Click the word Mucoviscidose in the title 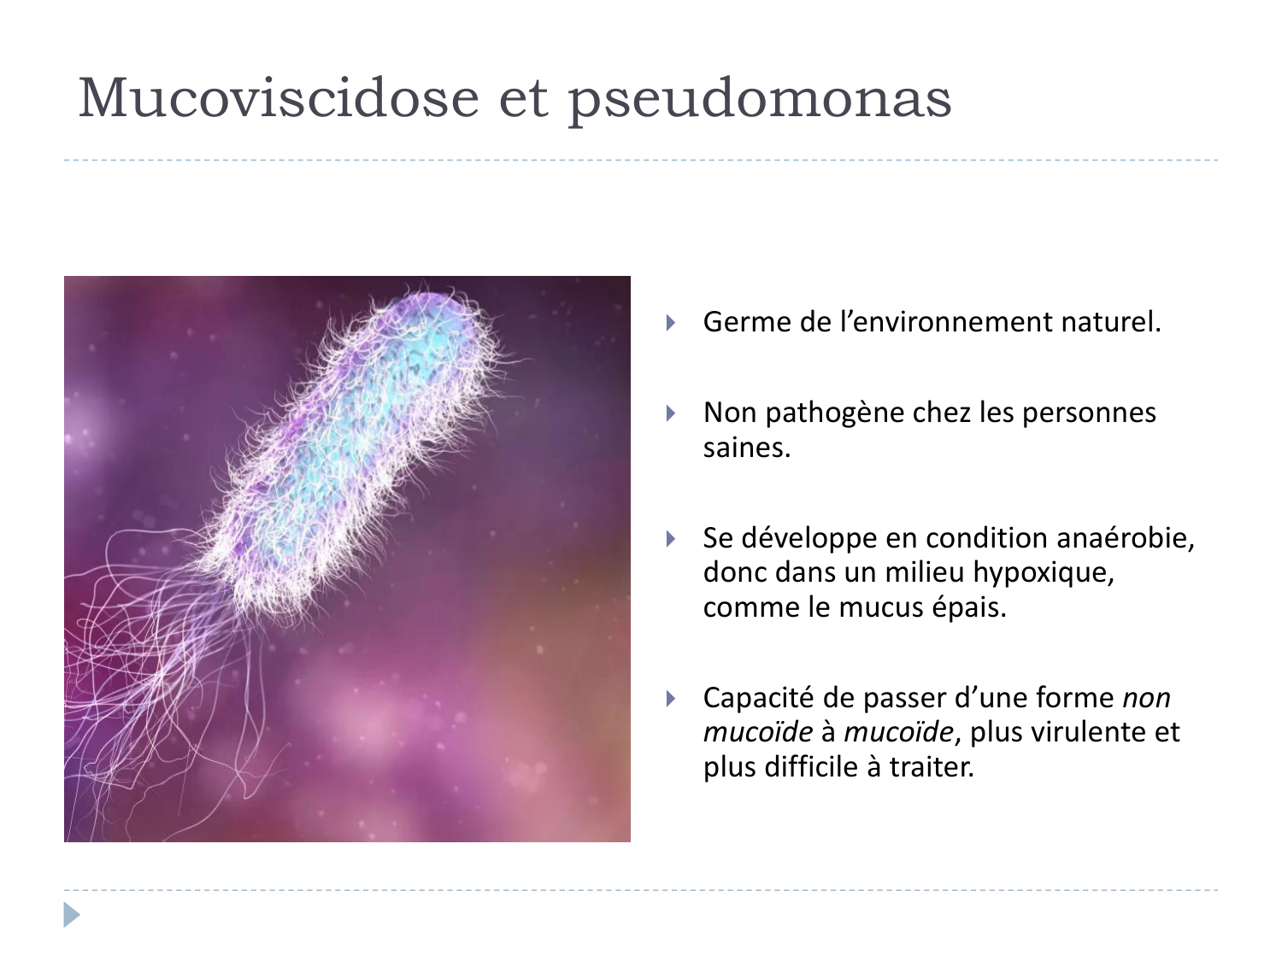[279, 97]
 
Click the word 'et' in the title [522, 99]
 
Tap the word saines [746, 448]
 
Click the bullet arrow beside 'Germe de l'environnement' [671, 323]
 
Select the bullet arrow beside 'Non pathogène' [671, 413]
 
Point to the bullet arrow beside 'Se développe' [671, 539]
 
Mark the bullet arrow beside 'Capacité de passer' [671, 699]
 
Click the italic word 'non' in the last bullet [1146, 698]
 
